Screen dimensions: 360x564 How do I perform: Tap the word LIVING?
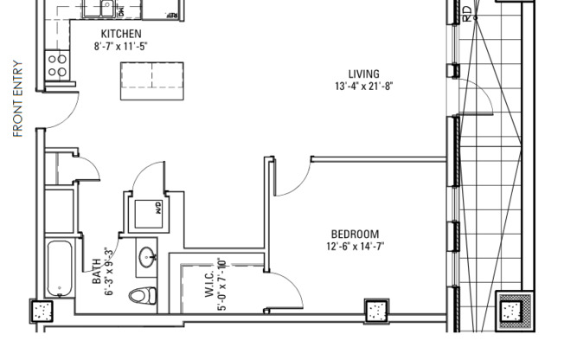[363, 74]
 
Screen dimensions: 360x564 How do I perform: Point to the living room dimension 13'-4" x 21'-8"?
[363, 87]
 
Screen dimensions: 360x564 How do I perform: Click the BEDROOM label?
[355, 234]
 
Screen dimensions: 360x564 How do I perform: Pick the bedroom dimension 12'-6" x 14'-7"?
[355, 246]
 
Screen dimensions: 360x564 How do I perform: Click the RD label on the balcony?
[468, 13]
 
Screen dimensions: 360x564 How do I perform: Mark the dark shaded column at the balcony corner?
[510, 310]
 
